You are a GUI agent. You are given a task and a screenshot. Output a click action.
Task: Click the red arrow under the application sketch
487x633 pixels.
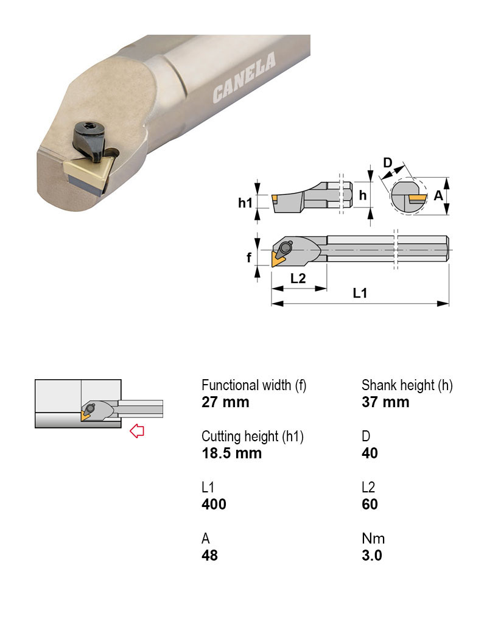tap(138, 432)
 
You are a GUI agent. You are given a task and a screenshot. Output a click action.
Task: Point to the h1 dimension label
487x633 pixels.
tap(245, 203)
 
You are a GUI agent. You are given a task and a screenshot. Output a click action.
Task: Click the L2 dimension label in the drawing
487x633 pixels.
tap(298, 279)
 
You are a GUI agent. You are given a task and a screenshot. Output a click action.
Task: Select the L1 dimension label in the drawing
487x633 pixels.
tap(360, 293)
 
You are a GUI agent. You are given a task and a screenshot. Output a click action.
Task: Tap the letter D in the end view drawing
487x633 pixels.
tap(387, 163)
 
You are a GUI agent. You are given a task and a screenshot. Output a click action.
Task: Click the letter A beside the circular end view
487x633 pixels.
tap(438, 195)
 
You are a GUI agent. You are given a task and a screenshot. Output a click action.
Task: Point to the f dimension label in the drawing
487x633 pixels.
tap(248, 258)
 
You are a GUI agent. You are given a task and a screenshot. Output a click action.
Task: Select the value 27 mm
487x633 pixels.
tap(225, 402)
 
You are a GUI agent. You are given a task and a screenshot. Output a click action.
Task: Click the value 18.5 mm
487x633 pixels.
tap(231, 453)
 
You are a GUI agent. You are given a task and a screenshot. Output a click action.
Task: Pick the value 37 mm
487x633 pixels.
tap(385, 402)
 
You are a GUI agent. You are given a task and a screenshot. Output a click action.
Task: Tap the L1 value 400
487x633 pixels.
tap(214, 505)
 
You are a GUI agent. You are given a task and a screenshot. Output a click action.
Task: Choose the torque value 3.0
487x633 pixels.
tap(372, 556)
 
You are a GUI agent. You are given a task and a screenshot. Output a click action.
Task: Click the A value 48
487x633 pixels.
tap(209, 556)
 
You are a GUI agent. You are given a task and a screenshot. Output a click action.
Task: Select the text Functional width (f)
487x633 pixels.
tap(254, 385)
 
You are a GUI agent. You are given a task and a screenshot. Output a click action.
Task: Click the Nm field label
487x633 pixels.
tap(373, 539)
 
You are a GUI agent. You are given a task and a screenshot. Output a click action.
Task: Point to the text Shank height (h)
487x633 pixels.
tap(407, 385)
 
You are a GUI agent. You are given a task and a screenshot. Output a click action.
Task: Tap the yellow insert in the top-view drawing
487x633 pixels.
tap(278, 260)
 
